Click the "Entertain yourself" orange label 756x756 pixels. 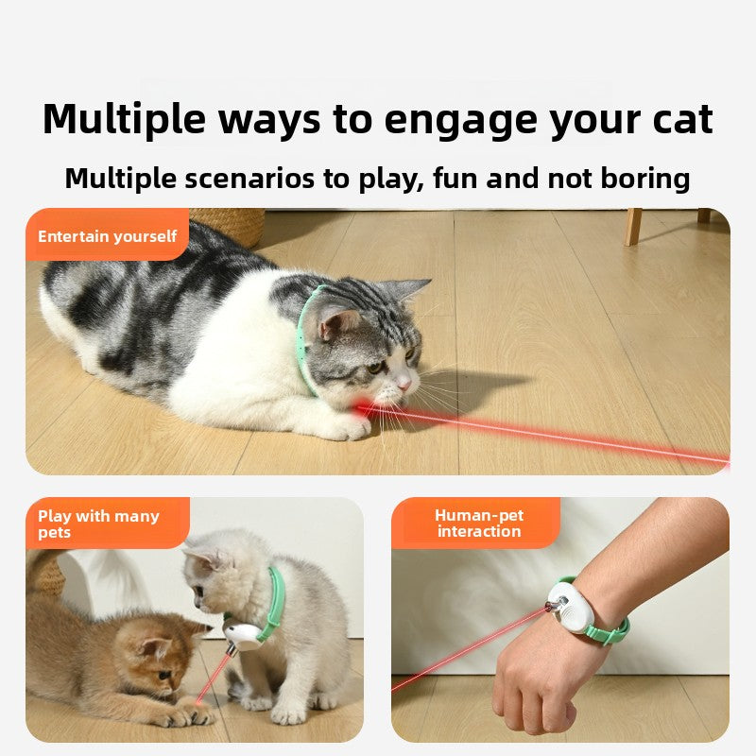(x=107, y=236)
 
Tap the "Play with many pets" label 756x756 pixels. (x=99, y=524)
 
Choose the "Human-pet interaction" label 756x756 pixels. (x=478, y=524)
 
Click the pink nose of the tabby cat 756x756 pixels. (x=404, y=383)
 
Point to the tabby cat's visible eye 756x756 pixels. (x=376, y=367)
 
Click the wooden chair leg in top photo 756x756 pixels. (x=632, y=227)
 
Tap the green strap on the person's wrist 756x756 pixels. (x=605, y=629)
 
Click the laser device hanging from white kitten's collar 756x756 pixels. (x=242, y=636)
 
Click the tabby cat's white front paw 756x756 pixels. (x=345, y=427)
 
